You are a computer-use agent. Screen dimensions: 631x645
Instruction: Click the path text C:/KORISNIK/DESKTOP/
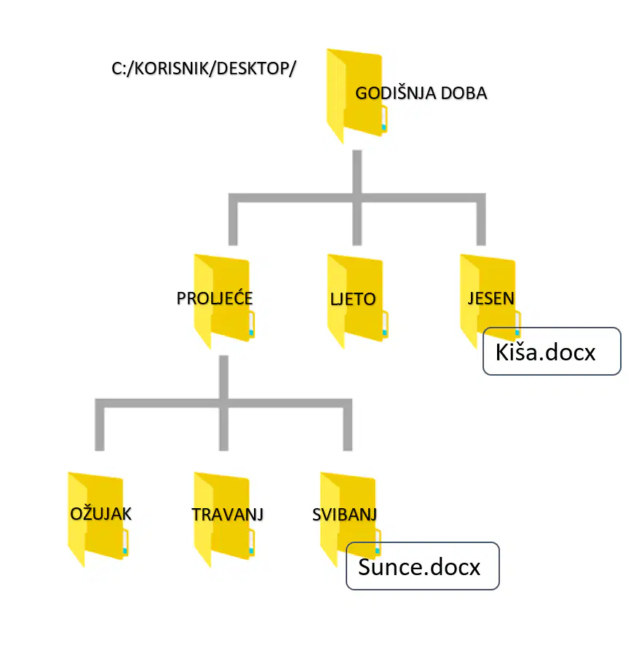point(204,68)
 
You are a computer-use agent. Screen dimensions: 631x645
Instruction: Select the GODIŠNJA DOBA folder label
point(421,93)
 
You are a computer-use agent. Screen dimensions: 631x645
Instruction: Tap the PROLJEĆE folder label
point(214,298)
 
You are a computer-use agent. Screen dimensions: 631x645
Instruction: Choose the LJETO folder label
point(353,299)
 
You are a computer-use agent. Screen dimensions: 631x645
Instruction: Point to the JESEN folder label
point(491,298)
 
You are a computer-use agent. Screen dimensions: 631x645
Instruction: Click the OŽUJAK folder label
point(100,514)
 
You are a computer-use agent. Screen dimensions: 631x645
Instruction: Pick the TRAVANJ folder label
point(228,515)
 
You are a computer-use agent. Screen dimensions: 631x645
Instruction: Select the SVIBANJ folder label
point(345,515)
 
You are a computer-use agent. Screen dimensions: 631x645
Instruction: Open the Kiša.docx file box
point(552,352)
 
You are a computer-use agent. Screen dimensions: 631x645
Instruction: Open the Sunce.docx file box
point(422,566)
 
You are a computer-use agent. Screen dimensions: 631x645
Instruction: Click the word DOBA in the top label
point(464,93)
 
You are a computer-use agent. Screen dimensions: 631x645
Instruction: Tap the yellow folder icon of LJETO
point(357,301)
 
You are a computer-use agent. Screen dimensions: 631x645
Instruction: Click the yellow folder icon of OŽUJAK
point(98,519)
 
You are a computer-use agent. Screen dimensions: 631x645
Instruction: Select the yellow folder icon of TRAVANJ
point(224,519)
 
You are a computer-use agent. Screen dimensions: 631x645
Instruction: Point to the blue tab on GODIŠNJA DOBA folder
point(384,127)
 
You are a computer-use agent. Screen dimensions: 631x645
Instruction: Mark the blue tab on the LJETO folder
point(384,333)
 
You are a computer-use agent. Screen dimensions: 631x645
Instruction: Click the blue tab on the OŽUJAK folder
point(125,550)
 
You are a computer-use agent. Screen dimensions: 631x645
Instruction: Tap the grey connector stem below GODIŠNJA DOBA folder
point(357,172)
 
